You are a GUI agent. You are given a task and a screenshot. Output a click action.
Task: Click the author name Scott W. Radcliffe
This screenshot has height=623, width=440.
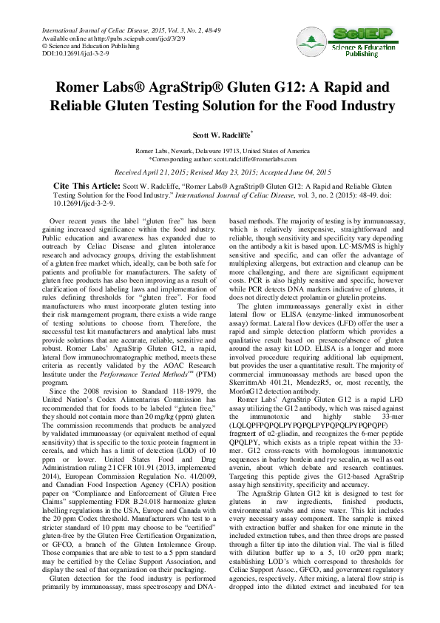(218, 136)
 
